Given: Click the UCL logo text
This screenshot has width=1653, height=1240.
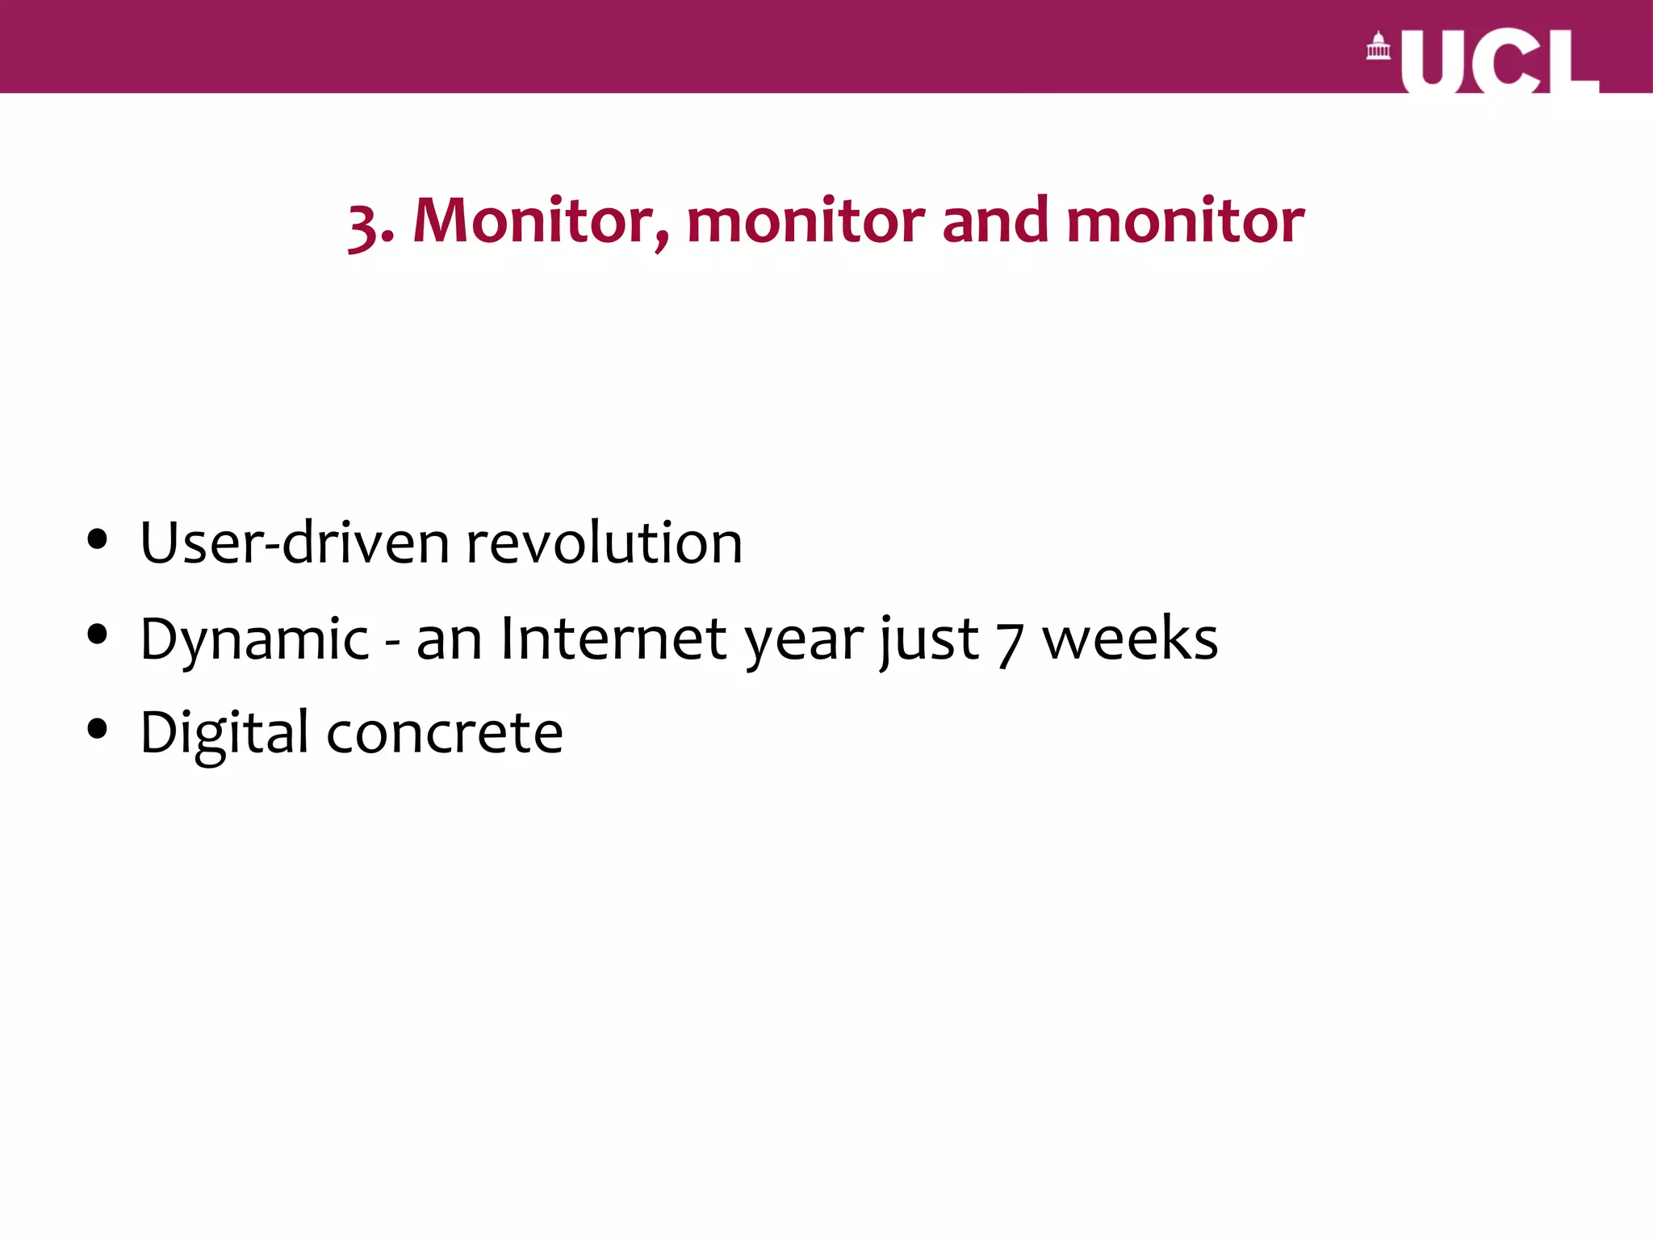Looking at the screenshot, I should (x=1500, y=61).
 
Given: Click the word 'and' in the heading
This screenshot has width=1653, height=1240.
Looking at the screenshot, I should (x=995, y=220).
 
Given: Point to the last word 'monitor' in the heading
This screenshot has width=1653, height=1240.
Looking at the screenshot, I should (x=1185, y=220).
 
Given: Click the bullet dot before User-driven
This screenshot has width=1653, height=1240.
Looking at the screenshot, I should (x=98, y=539).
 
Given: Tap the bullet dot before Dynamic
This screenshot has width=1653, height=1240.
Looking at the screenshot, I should (x=98, y=635).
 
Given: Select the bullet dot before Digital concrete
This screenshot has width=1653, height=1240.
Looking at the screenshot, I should (x=98, y=730).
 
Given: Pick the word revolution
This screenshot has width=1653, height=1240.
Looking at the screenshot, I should (x=605, y=542).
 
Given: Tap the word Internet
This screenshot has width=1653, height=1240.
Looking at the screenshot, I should (x=614, y=639).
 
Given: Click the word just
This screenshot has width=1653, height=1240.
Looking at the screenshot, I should (x=928, y=640).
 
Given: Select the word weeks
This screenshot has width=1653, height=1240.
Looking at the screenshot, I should (x=1130, y=639).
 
